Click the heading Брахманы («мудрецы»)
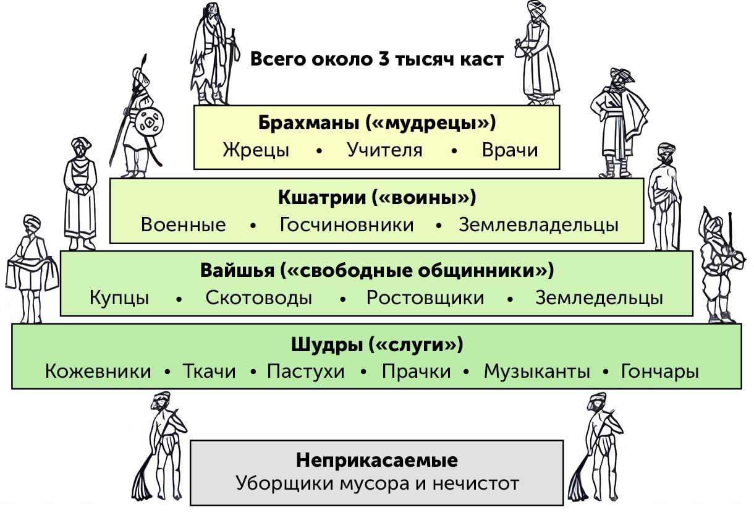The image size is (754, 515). tap(377, 123)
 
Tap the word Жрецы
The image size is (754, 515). tap(256, 150)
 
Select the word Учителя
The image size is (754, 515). tap(385, 150)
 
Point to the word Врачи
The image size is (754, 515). tap(510, 150)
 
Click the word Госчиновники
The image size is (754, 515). tap(347, 224)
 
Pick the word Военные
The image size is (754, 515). tap(184, 224)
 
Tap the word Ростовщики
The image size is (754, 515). tap(425, 299)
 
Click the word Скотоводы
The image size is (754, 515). tap(259, 298)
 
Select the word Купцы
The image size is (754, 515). tap(119, 299)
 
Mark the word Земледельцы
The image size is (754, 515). tap(599, 299)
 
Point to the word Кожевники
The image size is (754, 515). tap(98, 372)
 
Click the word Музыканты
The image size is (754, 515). tap(537, 372)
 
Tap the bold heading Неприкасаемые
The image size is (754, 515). tap(377, 461)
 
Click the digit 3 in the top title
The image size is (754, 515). tap(384, 59)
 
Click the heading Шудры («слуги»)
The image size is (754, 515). tap(377, 345)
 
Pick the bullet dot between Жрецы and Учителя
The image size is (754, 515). tap(320, 151)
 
